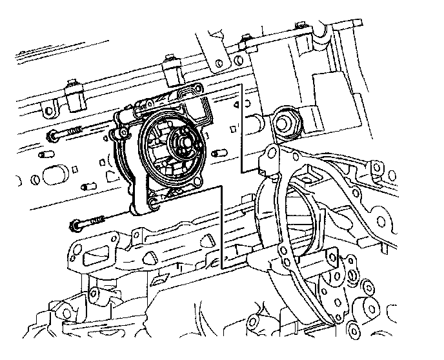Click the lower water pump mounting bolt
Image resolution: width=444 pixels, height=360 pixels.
pyautogui.click(x=86, y=224)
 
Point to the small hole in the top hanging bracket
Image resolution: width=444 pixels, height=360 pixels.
pyautogui.click(x=219, y=63)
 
